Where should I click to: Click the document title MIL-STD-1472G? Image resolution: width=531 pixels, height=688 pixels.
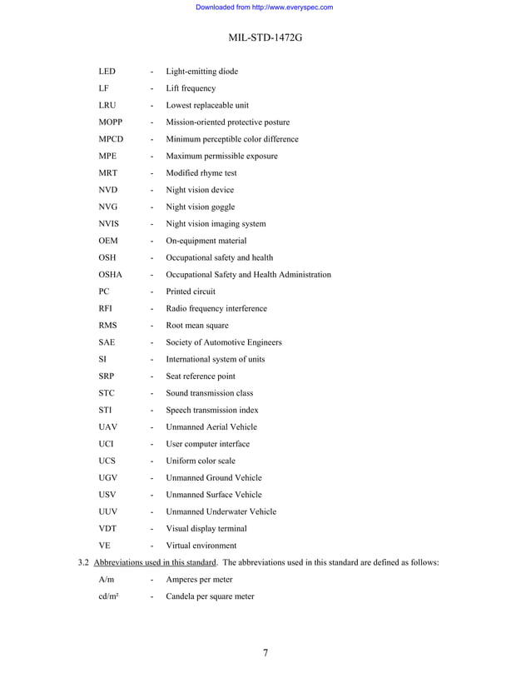pyautogui.click(x=265, y=37)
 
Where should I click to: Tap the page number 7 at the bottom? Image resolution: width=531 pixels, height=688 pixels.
pyautogui.click(x=265, y=652)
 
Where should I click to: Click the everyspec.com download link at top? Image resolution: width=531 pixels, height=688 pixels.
pyautogui.click(x=264, y=7)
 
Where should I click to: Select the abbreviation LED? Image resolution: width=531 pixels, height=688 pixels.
pyautogui.click(x=107, y=72)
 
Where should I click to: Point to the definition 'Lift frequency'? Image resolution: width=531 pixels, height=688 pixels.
pyautogui.click(x=191, y=88)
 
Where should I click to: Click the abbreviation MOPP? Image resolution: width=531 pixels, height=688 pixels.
pyautogui.click(x=112, y=122)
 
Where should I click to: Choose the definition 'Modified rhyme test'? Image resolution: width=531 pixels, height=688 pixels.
pyautogui.click(x=201, y=173)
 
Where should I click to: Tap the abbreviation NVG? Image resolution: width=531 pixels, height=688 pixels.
pyautogui.click(x=108, y=207)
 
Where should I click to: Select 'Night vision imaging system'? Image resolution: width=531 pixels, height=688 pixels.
pyautogui.click(x=216, y=224)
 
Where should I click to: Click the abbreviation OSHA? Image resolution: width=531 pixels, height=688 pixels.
pyautogui.click(x=111, y=275)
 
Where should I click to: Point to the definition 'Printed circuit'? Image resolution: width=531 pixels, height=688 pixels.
pyautogui.click(x=191, y=292)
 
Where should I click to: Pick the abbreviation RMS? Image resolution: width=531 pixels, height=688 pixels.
pyautogui.click(x=107, y=326)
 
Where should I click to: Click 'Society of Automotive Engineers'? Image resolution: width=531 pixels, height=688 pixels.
pyautogui.click(x=224, y=342)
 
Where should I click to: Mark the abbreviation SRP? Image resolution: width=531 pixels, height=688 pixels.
pyautogui.click(x=107, y=376)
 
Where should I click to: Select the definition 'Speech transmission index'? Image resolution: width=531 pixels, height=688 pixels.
pyautogui.click(x=212, y=410)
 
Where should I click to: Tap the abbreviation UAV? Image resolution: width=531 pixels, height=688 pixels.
pyautogui.click(x=108, y=427)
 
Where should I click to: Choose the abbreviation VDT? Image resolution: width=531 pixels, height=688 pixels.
pyautogui.click(x=107, y=528)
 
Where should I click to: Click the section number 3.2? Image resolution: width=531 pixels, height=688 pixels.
pyautogui.click(x=82, y=562)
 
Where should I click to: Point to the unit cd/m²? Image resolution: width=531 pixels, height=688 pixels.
pyautogui.click(x=108, y=596)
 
